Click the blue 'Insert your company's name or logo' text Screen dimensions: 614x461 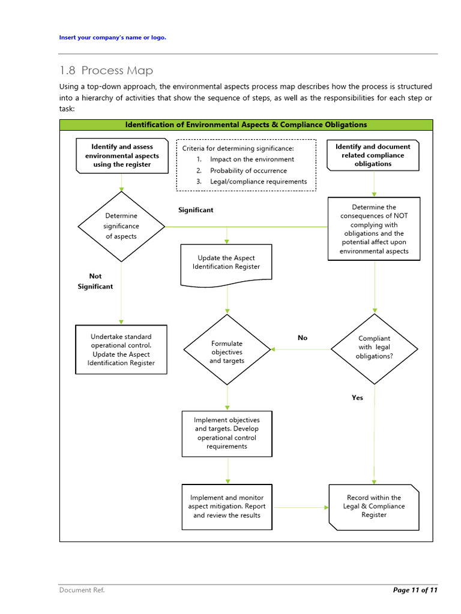click(112, 38)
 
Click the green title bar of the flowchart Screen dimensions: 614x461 click(246, 125)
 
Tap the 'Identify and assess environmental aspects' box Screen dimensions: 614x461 click(122, 155)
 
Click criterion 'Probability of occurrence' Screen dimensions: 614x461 click(248, 170)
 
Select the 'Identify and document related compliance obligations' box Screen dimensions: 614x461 click(373, 155)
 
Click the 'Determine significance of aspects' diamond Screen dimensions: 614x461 click(121, 226)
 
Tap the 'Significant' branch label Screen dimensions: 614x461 click(196, 210)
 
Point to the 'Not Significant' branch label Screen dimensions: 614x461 click(95, 281)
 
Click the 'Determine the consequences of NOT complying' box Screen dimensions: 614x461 click(374, 228)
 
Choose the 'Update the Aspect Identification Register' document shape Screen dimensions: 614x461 click(226, 262)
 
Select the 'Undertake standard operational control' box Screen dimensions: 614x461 click(121, 350)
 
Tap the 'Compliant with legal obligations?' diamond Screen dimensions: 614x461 click(374, 348)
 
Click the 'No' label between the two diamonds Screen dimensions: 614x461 click(303, 338)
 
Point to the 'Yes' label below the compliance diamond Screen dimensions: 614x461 click(357, 398)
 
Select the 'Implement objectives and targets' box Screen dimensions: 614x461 click(227, 434)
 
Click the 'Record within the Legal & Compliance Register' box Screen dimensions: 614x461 click(374, 507)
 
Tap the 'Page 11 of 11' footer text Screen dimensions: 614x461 click(415, 590)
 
